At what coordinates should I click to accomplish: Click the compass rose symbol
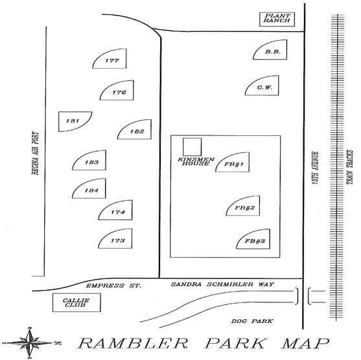[29, 343]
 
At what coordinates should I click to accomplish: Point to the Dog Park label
[252, 321]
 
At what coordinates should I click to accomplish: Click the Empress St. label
[113, 286]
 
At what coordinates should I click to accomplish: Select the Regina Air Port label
[35, 153]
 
